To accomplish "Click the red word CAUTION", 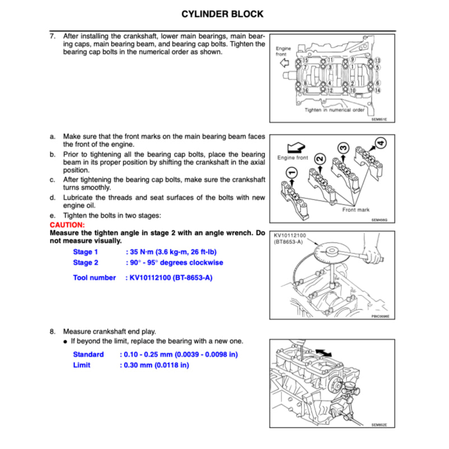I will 67,224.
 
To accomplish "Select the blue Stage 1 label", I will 85,252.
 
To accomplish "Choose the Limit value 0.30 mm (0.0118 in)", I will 155,365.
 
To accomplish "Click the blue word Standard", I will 89,354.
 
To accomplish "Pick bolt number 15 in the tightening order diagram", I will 304,60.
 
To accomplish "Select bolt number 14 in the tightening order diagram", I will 377,90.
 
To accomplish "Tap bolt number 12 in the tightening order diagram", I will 330,90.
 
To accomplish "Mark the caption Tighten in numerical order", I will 335,110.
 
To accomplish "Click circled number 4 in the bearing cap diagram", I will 381,144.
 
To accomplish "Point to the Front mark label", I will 356,210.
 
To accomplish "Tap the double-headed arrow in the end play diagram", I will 323,350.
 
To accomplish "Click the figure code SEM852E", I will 379,424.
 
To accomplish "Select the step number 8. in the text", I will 53,331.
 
